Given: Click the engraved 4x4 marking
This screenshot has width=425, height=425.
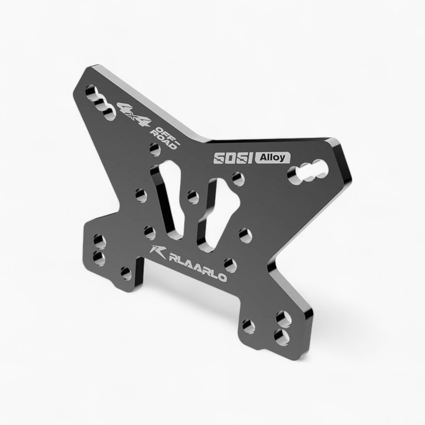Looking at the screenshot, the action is click(135, 114).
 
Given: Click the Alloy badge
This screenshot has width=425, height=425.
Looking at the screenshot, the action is click(272, 158).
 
